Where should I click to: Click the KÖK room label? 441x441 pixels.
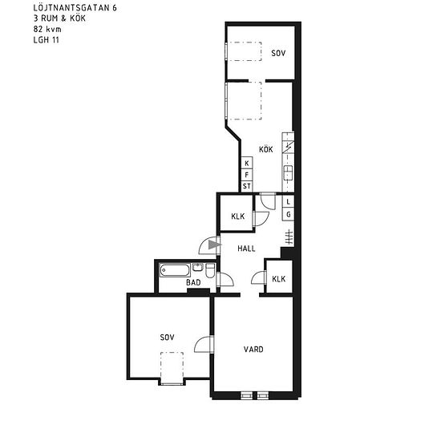pyautogui.click(x=265, y=149)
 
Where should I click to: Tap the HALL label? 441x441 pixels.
pyautogui.click(x=246, y=249)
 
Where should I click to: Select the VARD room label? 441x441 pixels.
pyautogui.click(x=253, y=350)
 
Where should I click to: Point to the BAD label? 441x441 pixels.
pyautogui.click(x=193, y=282)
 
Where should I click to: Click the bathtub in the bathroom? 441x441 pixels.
pyautogui.click(x=175, y=270)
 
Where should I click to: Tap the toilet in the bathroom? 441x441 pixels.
pyautogui.click(x=210, y=270)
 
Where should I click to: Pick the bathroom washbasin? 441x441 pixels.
pyautogui.click(x=198, y=267)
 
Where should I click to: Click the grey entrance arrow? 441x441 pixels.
pyautogui.click(x=214, y=245)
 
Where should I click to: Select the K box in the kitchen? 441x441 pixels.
pyautogui.click(x=247, y=163)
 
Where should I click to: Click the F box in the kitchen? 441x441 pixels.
pyautogui.click(x=247, y=175)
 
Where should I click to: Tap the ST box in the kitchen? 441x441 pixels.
pyautogui.click(x=247, y=186)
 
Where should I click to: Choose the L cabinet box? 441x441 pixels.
pyautogui.click(x=288, y=201)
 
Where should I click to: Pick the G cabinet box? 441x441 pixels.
pyautogui.click(x=288, y=215)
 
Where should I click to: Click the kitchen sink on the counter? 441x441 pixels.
pyautogui.click(x=288, y=172)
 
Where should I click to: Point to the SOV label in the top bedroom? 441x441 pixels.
pyautogui.click(x=278, y=53)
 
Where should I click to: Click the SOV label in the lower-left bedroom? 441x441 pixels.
pyautogui.click(x=167, y=338)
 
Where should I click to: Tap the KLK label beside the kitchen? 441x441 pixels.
pyautogui.click(x=238, y=216)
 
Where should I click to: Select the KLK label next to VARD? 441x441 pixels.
pyautogui.click(x=279, y=279)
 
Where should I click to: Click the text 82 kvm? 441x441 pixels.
pyautogui.click(x=47, y=29)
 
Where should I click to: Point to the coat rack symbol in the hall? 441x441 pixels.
pyautogui.click(x=289, y=237)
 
